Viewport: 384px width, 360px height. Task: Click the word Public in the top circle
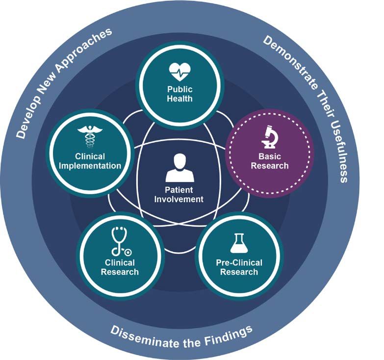[x=179, y=90]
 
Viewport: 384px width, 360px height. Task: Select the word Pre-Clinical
[x=239, y=262]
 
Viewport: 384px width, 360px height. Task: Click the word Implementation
[x=90, y=166]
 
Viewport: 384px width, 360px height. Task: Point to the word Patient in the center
[x=179, y=189]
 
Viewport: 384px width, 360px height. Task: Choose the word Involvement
[x=179, y=199]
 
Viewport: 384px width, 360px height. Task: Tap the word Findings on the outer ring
[x=229, y=334]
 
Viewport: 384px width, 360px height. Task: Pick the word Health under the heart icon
[x=179, y=99]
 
